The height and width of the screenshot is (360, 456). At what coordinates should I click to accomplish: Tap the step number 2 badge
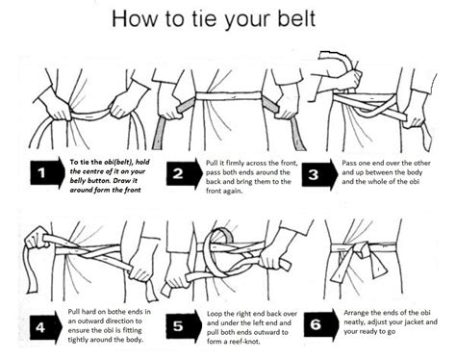pyautogui.click(x=180, y=173)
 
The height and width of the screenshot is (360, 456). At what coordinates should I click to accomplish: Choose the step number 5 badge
pyautogui.click(x=180, y=325)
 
